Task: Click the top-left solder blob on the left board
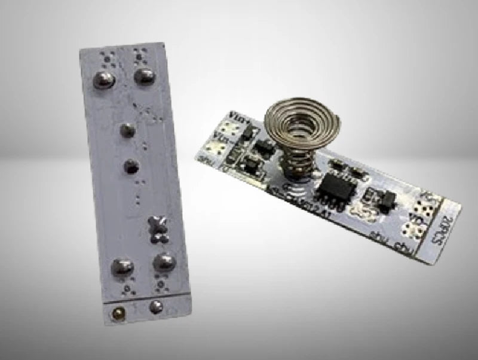(104, 79)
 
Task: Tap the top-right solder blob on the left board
(144, 75)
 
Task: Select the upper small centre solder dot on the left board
(127, 130)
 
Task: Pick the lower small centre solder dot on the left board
(131, 167)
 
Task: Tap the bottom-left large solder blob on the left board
(122, 267)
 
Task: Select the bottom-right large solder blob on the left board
(163, 261)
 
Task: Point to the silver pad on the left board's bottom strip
(156, 307)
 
